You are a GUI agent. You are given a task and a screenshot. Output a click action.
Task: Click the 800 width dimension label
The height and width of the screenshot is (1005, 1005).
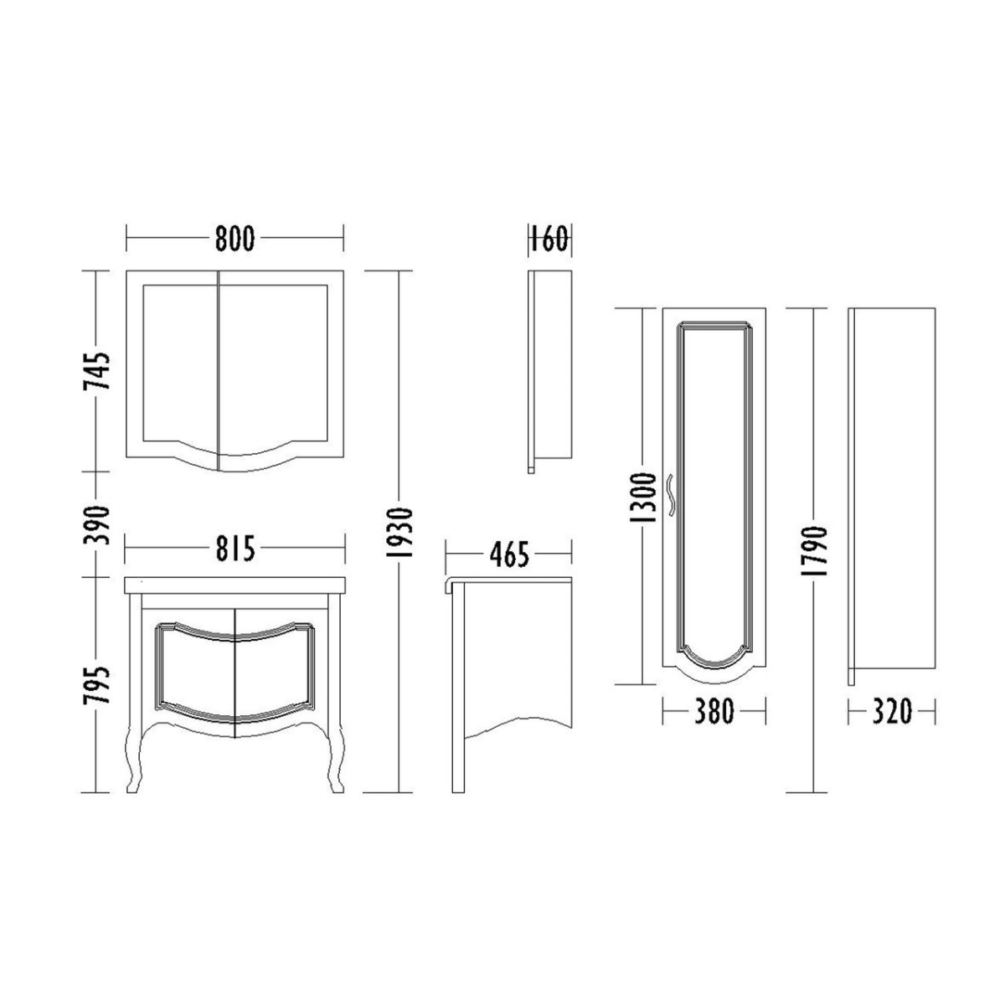click(x=234, y=239)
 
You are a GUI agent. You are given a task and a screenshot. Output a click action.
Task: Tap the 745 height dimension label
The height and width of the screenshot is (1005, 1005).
click(x=97, y=371)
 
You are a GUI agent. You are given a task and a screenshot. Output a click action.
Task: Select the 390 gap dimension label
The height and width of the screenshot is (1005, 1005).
click(x=97, y=524)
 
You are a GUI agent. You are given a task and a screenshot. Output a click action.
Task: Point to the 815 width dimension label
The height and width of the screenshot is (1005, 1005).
click(x=235, y=548)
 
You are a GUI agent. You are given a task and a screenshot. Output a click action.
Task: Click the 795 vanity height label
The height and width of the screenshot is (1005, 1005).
click(x=97, y=685)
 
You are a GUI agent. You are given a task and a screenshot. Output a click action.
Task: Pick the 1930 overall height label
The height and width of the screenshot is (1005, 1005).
click(x=400, y=532)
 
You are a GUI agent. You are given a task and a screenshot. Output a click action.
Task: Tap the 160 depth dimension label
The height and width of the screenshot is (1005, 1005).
click(x=549, y=239)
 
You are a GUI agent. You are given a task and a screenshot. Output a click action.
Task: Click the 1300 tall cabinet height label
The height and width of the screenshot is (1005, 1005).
click(x=642, y=497)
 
